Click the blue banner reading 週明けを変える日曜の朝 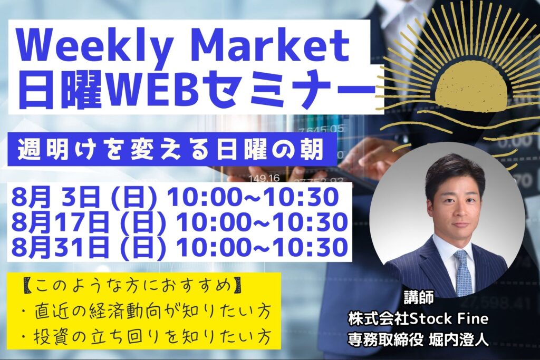tap(172, 149)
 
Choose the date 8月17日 tap(59, 222)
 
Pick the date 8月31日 tap(59, 247)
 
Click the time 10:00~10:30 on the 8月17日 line tap(262, 222)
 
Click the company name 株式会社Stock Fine tap(418, 319)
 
